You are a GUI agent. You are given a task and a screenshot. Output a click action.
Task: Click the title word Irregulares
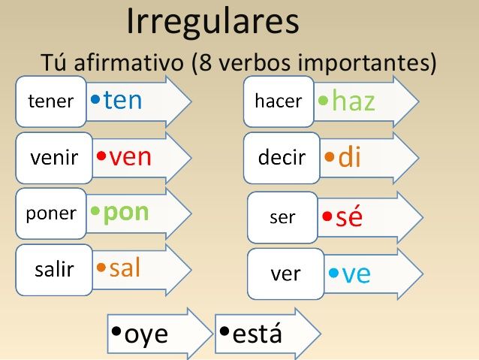[212, 22]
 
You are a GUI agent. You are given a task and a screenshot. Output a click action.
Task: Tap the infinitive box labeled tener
[51, 101]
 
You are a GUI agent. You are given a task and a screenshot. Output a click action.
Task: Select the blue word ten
[123, 100]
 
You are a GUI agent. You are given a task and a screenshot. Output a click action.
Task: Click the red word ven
[130, 157]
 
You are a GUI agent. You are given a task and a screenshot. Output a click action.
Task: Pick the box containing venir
[54, 158]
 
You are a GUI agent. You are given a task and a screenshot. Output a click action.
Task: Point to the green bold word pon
[126, 213]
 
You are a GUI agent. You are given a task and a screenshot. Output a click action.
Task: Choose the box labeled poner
[51, 213]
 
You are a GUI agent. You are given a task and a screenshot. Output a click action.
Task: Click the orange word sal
[125, 268]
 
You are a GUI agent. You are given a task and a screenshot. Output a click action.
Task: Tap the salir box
[54, 270]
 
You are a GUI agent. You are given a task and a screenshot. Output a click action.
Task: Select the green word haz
[354, 101]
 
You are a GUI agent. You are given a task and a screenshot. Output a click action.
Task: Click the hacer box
[279, 101]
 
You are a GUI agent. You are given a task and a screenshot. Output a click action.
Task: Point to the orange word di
[349, 156]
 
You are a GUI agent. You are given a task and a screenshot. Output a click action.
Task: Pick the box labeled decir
[282, 158]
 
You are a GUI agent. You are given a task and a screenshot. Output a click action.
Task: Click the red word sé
[349, 216]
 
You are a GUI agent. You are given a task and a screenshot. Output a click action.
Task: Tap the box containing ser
[282, 217]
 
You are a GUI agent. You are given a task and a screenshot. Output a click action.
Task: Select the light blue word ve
[356, 274]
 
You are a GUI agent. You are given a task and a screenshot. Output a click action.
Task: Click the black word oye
[146, 335]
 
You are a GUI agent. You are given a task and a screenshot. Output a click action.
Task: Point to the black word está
[258, 333]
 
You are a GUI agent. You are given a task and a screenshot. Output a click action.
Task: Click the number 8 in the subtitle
[205, 62]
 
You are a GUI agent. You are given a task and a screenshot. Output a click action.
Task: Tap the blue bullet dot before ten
[95, 99]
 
